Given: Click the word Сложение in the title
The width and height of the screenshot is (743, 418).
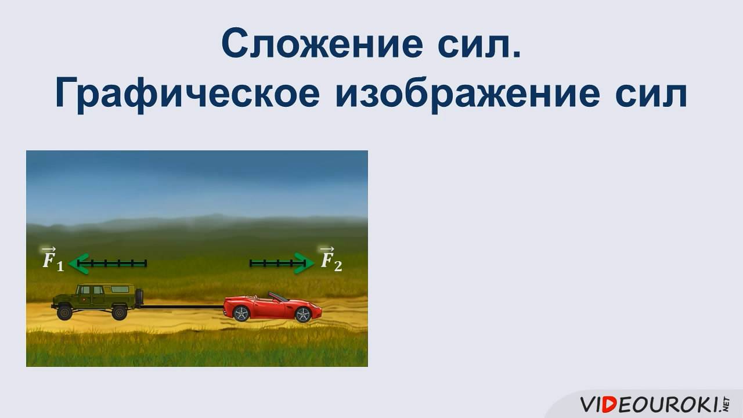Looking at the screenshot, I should tap(323, 43).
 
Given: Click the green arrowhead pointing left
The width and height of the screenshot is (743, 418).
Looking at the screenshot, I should tap(77, 263).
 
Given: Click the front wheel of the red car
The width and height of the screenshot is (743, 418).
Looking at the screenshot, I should tap(302, 315).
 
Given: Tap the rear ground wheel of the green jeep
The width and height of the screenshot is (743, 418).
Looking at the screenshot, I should tap(118, 313).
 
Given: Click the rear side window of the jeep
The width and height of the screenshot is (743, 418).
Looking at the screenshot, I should tap(120, 289).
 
